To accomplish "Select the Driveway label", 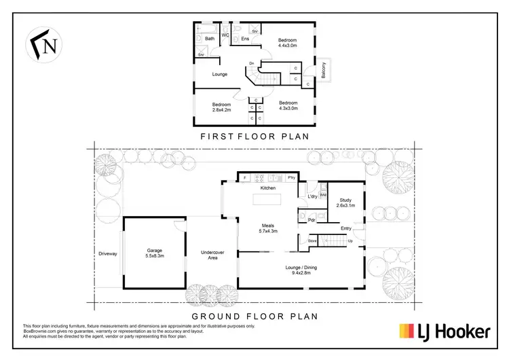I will (x=107, y=253).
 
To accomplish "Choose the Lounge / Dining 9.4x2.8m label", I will (x=302, y=270).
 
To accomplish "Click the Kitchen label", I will (x=268, y=187).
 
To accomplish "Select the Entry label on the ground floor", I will (x=346, y=228).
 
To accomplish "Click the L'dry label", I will (x=312, y=197).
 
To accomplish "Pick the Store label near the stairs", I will (x=312, y=240).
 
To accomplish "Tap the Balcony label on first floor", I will (x=324, y=70).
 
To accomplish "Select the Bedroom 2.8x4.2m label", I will (x=221, y=107).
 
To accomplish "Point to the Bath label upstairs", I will (x=210, y=39).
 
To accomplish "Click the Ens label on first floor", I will (x=245, y=39).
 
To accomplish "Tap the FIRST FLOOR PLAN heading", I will (x=254, y=136).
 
